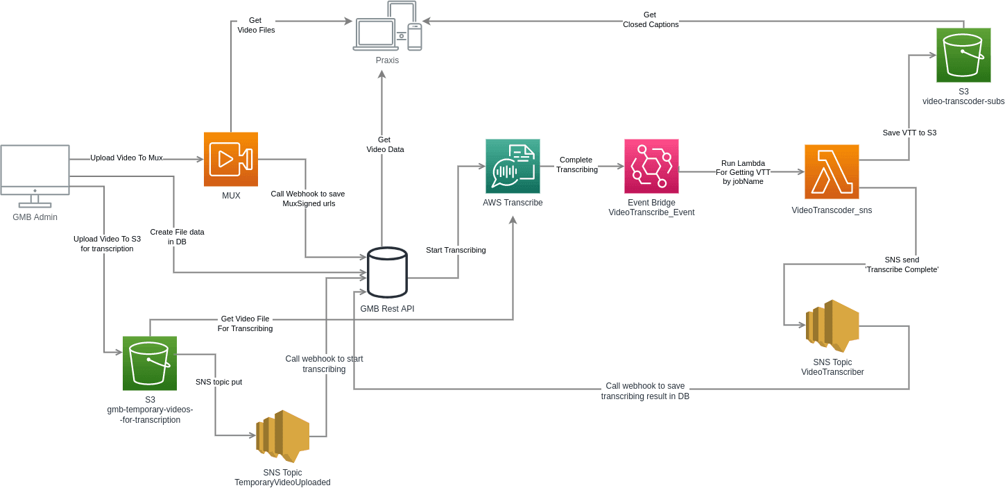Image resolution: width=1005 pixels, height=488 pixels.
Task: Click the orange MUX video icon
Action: point(230,159)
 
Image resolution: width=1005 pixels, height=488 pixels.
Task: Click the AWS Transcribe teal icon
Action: point(513,166)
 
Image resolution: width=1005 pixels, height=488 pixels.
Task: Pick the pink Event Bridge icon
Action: point(651,166)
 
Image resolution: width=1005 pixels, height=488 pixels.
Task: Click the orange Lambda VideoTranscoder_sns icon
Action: point(832,171)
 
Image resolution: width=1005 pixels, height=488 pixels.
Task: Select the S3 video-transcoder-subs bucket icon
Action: point(963,55)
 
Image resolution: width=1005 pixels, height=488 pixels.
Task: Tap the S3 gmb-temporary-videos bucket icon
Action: point(150,363)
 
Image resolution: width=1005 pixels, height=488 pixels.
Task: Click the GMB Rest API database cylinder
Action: point(387,272)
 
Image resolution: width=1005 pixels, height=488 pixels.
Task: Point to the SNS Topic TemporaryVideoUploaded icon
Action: point(282,435)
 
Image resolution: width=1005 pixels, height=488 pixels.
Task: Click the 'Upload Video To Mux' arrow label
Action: point(126,158)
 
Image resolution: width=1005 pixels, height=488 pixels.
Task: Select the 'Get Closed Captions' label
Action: point(650,19)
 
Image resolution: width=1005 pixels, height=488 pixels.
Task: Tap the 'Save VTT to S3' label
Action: point(909,133)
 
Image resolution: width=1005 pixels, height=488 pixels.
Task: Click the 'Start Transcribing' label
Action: point(456,250)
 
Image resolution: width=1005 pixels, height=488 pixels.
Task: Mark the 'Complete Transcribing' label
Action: point(576,165)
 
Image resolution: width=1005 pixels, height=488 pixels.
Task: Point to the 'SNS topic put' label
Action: point(218,382)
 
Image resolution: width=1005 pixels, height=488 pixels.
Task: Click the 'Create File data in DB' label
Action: point(177,237)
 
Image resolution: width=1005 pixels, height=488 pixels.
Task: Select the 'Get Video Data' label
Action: point(385,144)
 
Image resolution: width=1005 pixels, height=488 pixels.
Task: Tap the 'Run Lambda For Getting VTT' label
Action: point(743,172)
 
